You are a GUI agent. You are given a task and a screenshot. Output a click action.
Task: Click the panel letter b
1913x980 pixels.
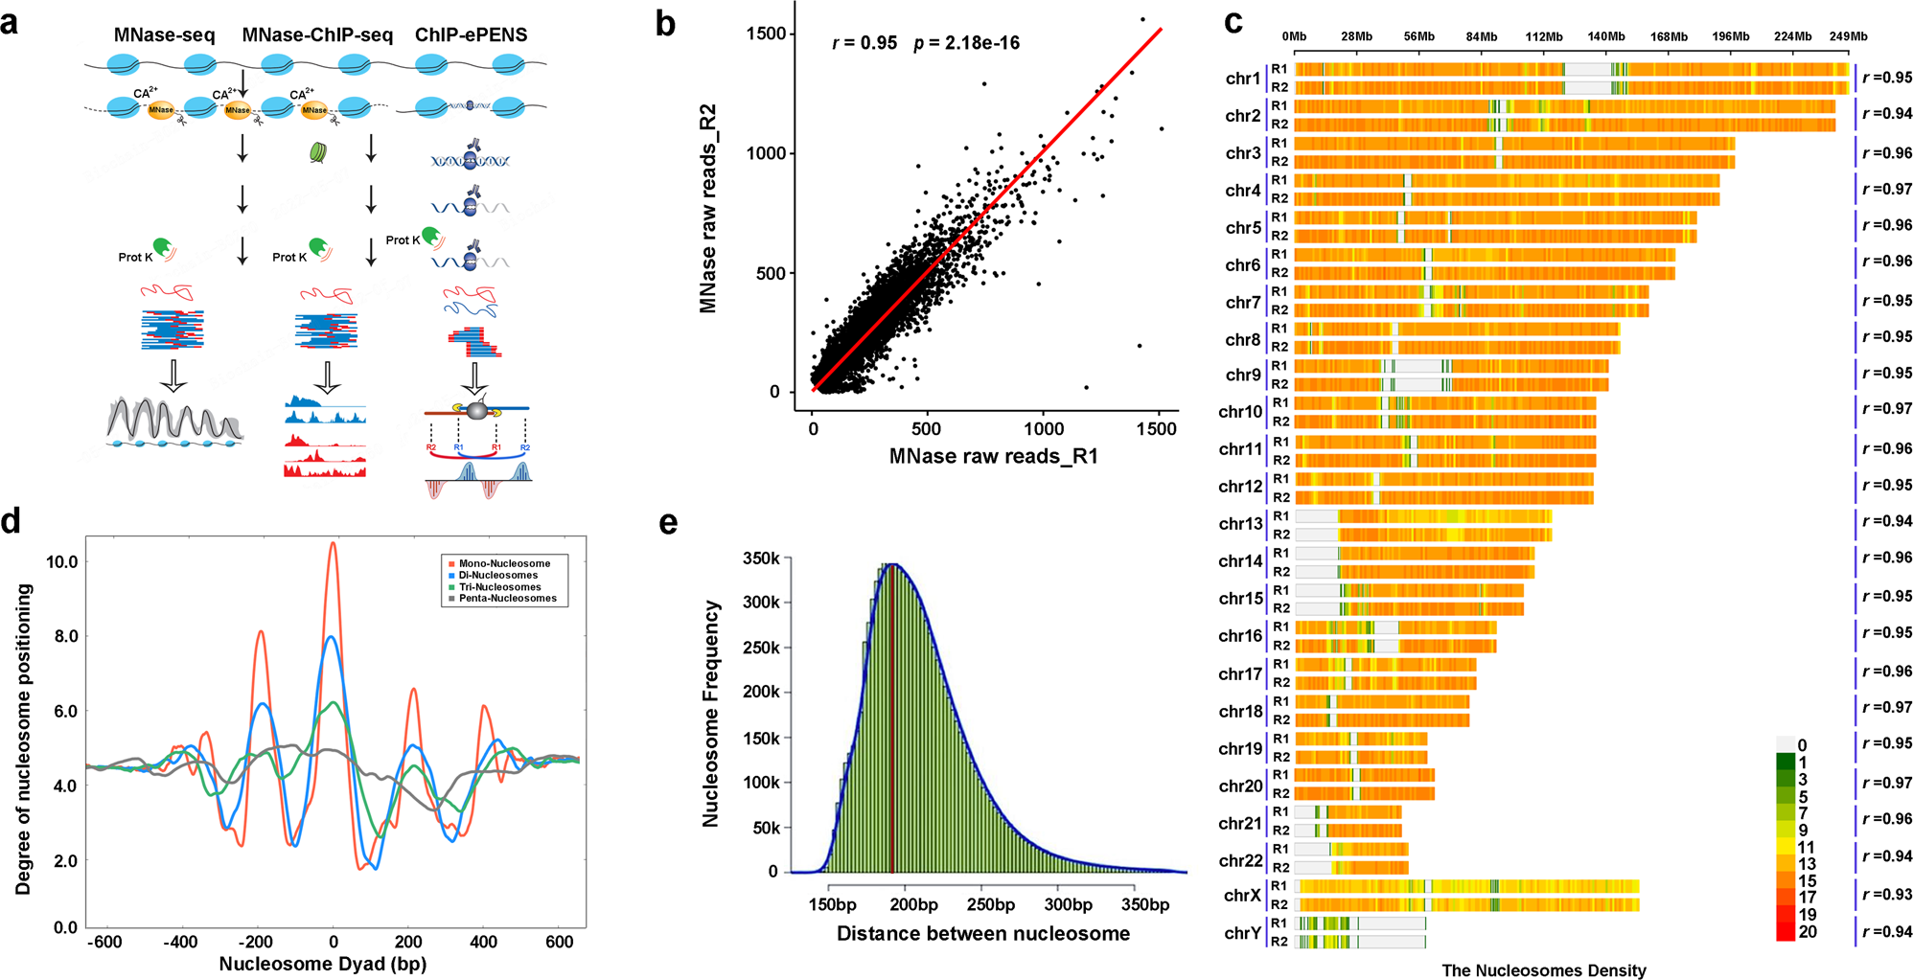[x=665, y=24]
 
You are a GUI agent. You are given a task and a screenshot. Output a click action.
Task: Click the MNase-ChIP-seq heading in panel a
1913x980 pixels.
[x=317, y=35]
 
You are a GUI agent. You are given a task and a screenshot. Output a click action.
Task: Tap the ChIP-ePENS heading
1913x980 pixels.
[x=471, y=35]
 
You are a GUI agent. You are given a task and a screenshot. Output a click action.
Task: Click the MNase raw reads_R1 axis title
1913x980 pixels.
[x=993, y=456]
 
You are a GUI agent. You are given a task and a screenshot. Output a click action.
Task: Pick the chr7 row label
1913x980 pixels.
[x=1242, y=303]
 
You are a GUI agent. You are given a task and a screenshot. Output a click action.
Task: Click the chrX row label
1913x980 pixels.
[x=1242, y=896]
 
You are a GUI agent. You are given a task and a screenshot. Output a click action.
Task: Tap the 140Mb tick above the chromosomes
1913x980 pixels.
[x=1606, y=36]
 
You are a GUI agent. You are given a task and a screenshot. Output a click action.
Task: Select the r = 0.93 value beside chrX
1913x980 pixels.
[x=1887, y=894]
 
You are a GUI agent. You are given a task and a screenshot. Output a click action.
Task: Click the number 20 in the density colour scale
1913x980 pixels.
[x=1808, y=931]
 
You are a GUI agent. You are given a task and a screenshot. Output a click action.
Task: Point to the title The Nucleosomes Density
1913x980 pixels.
[x=1543, y=970]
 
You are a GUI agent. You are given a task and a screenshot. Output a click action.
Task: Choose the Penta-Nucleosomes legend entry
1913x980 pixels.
[x=507, y=598]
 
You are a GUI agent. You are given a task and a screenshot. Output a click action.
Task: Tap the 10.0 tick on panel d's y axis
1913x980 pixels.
[x=61, y=562]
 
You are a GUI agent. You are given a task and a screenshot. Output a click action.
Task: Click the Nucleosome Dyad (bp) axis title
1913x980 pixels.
[x=323, y=964]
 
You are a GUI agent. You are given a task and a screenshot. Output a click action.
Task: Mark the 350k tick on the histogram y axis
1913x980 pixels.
[x=761, y=558]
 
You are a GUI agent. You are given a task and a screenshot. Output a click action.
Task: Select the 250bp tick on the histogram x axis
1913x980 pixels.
[x=990, y=904]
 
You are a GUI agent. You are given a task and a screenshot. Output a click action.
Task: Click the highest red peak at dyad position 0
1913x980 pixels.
[x=333, y=544]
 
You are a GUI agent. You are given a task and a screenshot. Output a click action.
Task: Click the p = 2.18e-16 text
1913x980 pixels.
[x=966, y=43]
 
